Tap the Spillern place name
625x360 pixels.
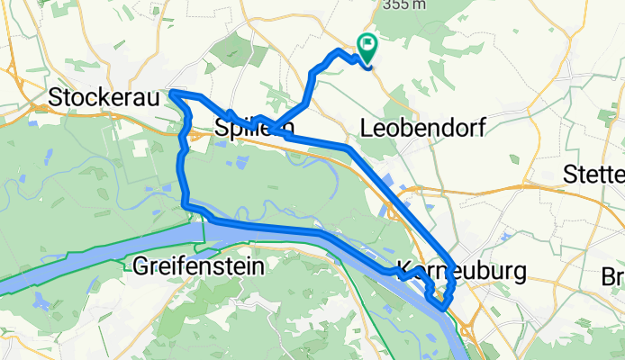click(x=255, y=130)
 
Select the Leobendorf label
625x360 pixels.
click(x=421, y=129)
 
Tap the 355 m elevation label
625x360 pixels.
click(x=403, y=4)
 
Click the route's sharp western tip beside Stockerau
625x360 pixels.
click(x=170, y=93)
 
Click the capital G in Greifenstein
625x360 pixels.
click(x=140, y=266)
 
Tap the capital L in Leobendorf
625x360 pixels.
click(x=366, y=129)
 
